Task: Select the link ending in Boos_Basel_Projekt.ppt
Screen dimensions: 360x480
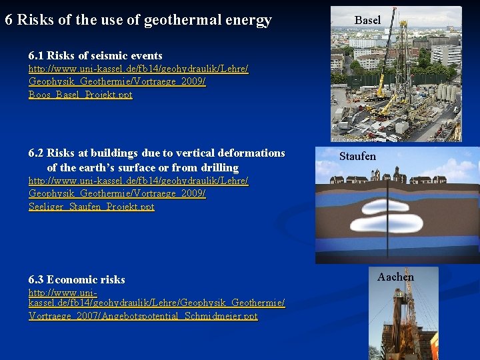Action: tap(81, 95)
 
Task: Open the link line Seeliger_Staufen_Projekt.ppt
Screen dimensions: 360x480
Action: tap(91, 207)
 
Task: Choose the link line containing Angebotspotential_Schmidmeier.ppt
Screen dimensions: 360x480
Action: tap(143, 316)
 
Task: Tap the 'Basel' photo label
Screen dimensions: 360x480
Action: tap(367, 21)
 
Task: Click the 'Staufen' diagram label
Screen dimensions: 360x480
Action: tap(357, 157)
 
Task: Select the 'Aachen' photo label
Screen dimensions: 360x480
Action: tap(395, 277)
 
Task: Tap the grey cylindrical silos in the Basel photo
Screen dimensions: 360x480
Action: tap(445, 93)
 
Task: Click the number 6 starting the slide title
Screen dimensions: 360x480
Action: tap(9, 20)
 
